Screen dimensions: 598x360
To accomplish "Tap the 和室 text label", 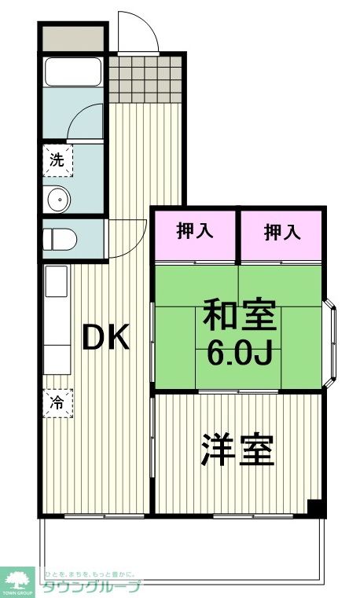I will tap(240, 315).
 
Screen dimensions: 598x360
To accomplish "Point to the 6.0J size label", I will tap(240, 354).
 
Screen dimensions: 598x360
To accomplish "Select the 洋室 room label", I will tap(237, 449).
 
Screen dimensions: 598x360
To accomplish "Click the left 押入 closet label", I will tap(194, 232).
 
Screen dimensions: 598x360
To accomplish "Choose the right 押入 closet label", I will tap(281, 232).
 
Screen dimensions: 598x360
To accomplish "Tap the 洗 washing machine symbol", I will tap(57, 159).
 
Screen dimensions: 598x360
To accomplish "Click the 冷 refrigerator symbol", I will tap(57, 403).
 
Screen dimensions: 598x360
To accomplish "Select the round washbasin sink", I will tap(59, 200).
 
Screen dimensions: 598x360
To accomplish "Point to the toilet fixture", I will tap(58, 238).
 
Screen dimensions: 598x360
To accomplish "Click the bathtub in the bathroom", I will tap(73, 72).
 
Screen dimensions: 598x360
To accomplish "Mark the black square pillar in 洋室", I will tap(315, 508).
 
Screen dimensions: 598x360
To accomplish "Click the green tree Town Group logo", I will tap(17, 580).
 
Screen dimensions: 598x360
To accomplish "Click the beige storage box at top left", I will tap(72, 38).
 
